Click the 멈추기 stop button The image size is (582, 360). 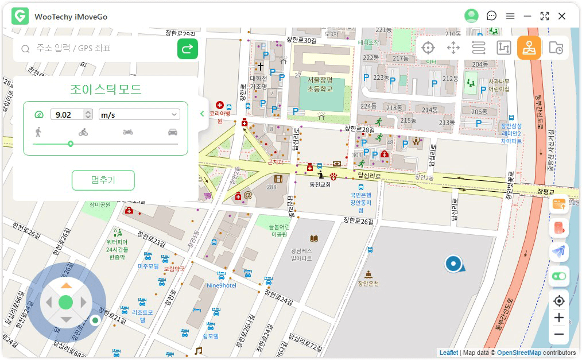103,180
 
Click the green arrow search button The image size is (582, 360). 187,49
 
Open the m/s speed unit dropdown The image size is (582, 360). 139,115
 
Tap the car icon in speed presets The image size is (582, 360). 172,132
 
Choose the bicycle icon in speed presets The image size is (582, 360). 83,132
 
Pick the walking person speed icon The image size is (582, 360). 38,132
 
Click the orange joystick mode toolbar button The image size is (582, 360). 529,48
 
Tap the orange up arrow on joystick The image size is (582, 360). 67,285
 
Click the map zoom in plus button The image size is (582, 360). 558,318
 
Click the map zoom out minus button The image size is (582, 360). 558,334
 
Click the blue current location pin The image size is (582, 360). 453,264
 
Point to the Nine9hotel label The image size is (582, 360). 221,285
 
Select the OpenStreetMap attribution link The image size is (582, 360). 518,353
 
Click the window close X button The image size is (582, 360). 562,16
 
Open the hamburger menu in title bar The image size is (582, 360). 510,16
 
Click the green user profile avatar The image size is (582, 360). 471,16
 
